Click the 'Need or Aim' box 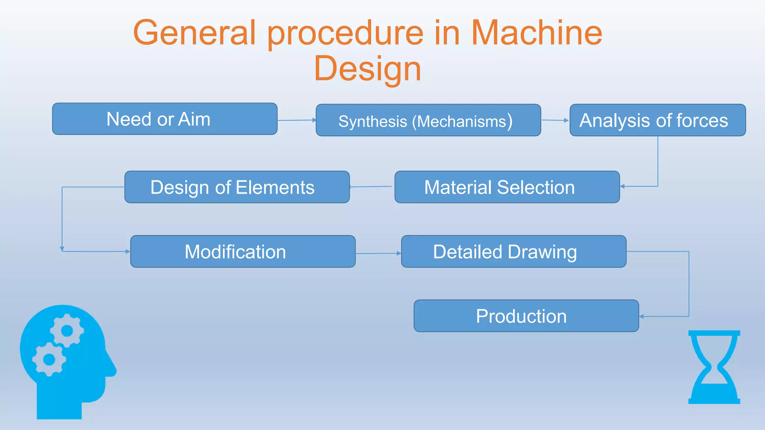click(165, 119)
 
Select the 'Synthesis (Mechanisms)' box click(428, 120)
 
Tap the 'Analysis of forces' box click(657, 120)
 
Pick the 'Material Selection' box click(507, 187)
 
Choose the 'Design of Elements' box click(237, 187)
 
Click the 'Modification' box click(243, 251)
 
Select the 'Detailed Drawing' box click(514, 251)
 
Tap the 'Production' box click(526, 316)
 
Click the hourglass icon click(714, 367)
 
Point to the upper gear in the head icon click(67, 331)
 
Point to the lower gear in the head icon click(49, 359)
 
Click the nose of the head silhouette click(112, 370)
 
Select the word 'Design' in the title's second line click(368, 69)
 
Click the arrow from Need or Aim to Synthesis click(297, 120)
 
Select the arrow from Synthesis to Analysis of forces click(555, 120)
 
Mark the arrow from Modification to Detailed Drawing click(378, 253)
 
